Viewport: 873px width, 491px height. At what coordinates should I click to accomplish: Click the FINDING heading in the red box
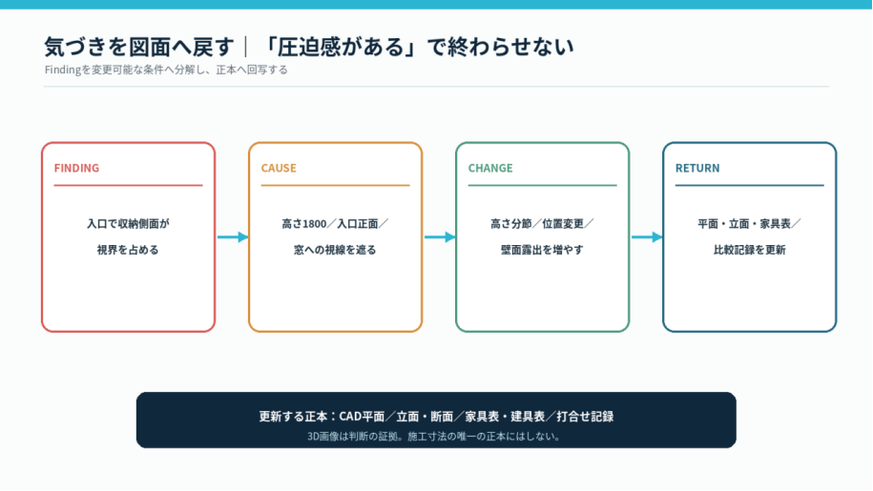click(76, 168)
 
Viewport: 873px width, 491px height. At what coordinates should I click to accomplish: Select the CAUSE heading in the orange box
click(279, 168)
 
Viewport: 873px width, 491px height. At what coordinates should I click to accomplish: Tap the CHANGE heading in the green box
click(490, 168)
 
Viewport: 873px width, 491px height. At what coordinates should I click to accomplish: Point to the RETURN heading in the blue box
click(697, 168)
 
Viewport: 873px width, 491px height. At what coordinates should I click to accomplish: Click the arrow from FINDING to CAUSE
click(233, 236)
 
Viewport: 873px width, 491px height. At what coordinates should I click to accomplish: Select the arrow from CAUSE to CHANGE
click(440, 236)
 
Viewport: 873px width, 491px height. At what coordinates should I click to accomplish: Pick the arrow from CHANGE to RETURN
click(647, 236)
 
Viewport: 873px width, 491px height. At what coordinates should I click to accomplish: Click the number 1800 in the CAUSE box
click(315, 224)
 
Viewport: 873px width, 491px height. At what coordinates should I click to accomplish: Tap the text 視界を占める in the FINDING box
click(128, 250)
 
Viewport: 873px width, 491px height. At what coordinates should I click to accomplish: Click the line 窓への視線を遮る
click(335, 250)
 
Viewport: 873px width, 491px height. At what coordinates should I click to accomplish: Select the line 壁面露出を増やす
click(542, 250)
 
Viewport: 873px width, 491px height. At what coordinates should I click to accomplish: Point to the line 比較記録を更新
click(749, 250)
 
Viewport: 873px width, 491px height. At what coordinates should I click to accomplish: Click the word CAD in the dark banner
click(350, 417)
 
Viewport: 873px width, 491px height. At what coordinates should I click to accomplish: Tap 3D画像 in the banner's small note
click(322, 437)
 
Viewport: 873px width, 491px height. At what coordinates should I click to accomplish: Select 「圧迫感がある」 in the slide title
click(341, 47)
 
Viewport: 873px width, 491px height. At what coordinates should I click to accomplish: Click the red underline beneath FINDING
click(128, 185)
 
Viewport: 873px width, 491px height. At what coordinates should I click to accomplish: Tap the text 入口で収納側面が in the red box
click(128, 224)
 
